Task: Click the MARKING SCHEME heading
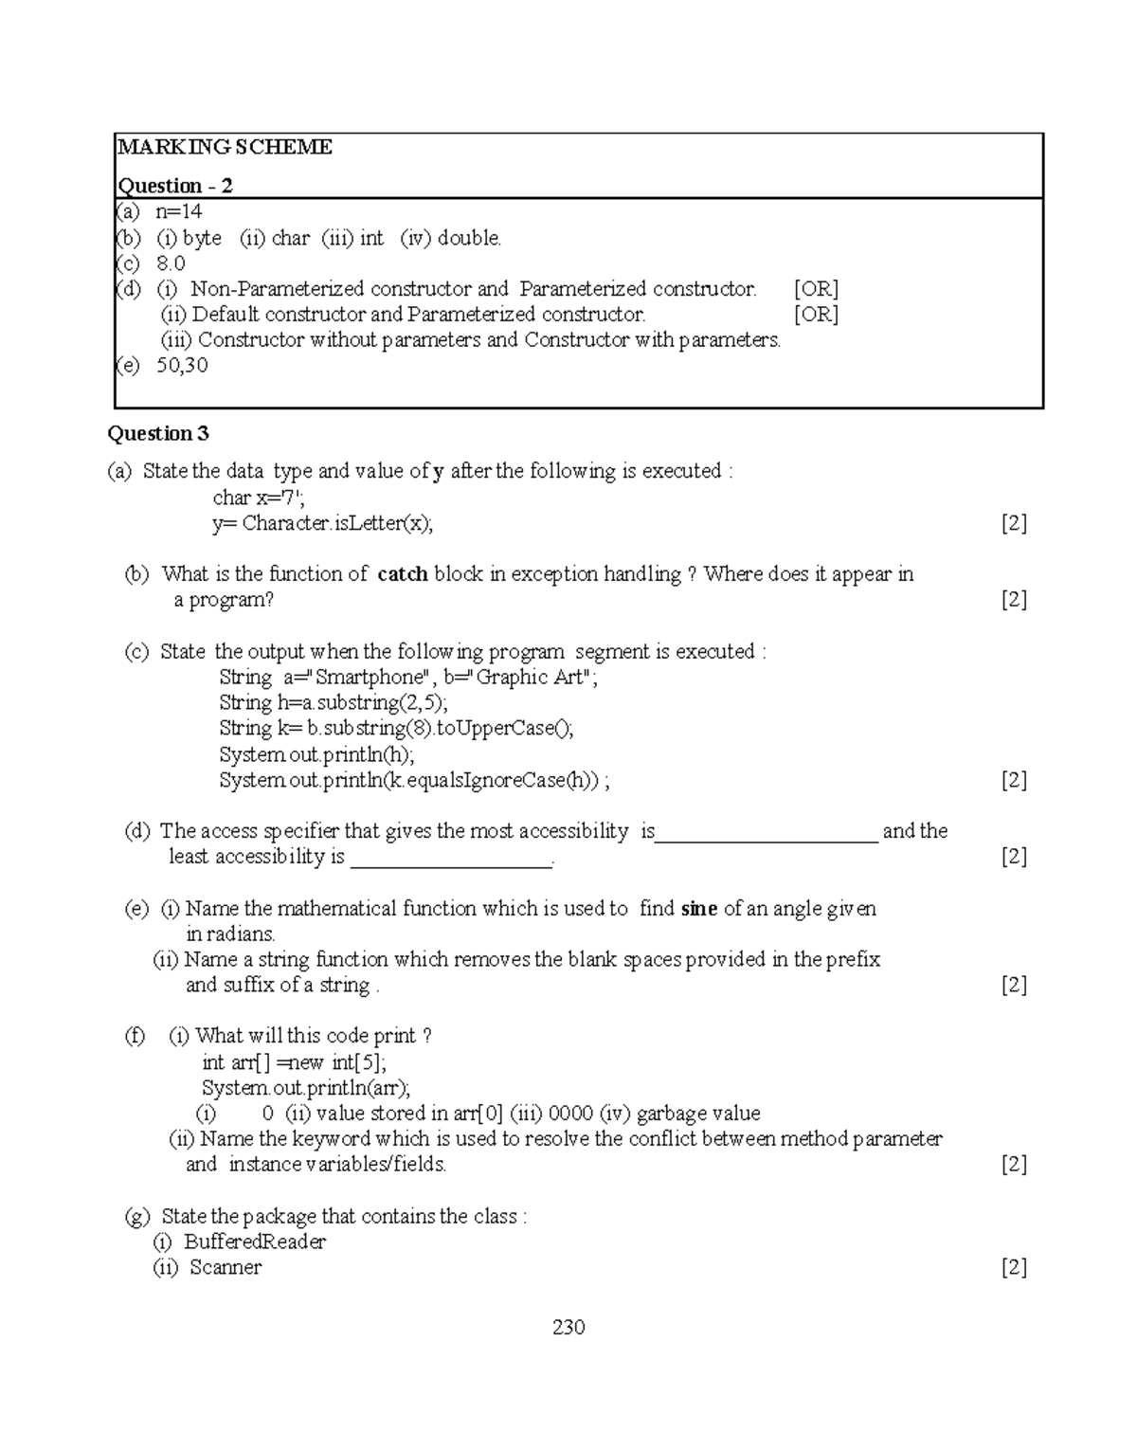pos(225,147)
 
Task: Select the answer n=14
pos(179,211)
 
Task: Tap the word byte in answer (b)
pos(202,238)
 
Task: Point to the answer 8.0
pos(171,263)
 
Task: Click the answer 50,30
pos(182,365)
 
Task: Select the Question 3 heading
pos(158,434)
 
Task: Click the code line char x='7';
pos(258,498)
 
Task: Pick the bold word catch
pos(402,574)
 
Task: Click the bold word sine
pos(698,909)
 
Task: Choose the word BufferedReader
pos(255,1242)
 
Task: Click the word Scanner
pos(226,1268)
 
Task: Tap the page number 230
pos(568,1328)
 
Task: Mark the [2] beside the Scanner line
pos(1014,1268)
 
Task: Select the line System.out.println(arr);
pos(306,1088)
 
